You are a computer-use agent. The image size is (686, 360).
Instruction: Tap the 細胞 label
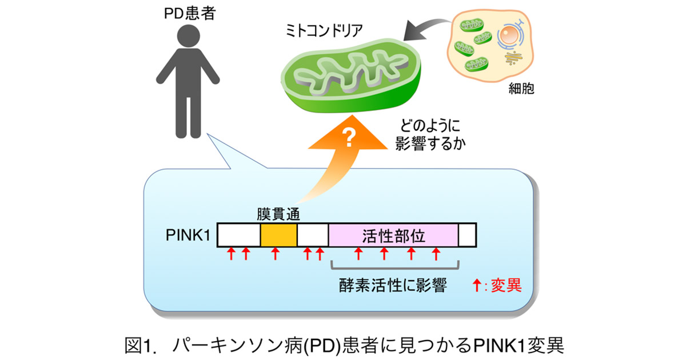click(x=521, y=89)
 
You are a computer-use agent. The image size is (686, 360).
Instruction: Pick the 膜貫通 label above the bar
click(x=278, y=214)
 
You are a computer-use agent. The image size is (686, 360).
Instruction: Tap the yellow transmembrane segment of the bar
click(x=278, y=235)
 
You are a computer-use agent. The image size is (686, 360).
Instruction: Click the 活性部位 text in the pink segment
click(x=394, y=235)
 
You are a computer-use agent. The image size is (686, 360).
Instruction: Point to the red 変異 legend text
click(x=504, y=285)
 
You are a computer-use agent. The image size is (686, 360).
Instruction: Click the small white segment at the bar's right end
click(x=467, y=235)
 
